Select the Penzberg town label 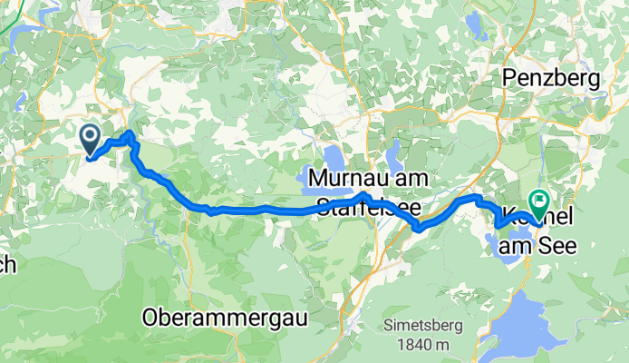coord(552,79)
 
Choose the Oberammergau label coord(226,318)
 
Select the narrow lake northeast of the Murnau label coord(395,154)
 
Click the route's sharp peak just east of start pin coord(131,134)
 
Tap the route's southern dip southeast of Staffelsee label coord(418,229)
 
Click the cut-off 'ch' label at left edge coord(7,265)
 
